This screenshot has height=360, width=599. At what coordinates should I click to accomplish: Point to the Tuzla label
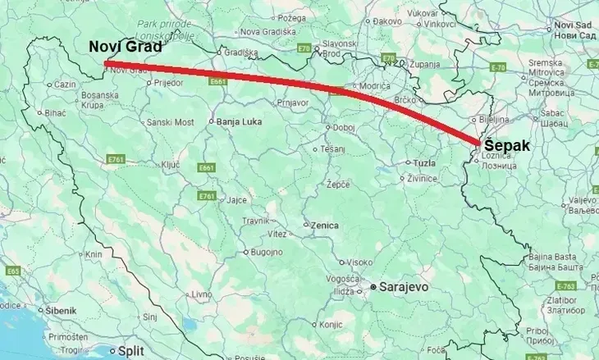coord(424,163)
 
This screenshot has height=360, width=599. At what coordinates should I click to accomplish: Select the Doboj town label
coord(344,127)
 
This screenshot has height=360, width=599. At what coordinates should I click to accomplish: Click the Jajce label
coord(237,200)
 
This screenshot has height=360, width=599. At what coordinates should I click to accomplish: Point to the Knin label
coord(93,255)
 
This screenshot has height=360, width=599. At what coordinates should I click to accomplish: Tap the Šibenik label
coord(61,310)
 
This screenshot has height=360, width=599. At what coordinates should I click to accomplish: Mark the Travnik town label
coord(256,221)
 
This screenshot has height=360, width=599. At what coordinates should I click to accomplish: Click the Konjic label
coord(332,324)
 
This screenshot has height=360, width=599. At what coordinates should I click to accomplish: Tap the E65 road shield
coord(13,271)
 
